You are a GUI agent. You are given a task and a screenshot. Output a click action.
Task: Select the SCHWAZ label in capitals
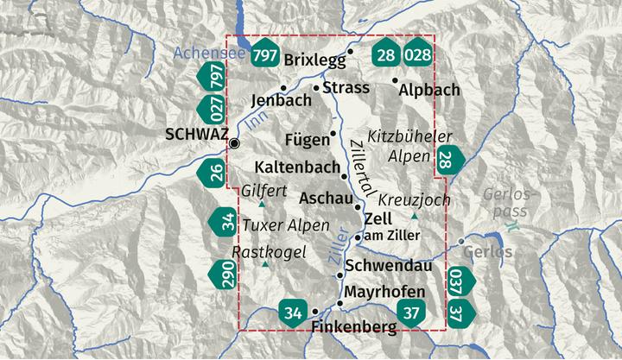pos(195,135)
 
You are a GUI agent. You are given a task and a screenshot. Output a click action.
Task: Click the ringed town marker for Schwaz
pos(234,142)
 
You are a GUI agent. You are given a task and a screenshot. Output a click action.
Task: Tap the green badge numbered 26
pos(217,174)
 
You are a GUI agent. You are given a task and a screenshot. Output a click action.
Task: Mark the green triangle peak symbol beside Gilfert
pos(263,205)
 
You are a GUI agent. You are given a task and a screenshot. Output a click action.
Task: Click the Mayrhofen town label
pos(384,292)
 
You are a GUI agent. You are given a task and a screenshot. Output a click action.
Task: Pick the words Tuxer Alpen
pos(286,225)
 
